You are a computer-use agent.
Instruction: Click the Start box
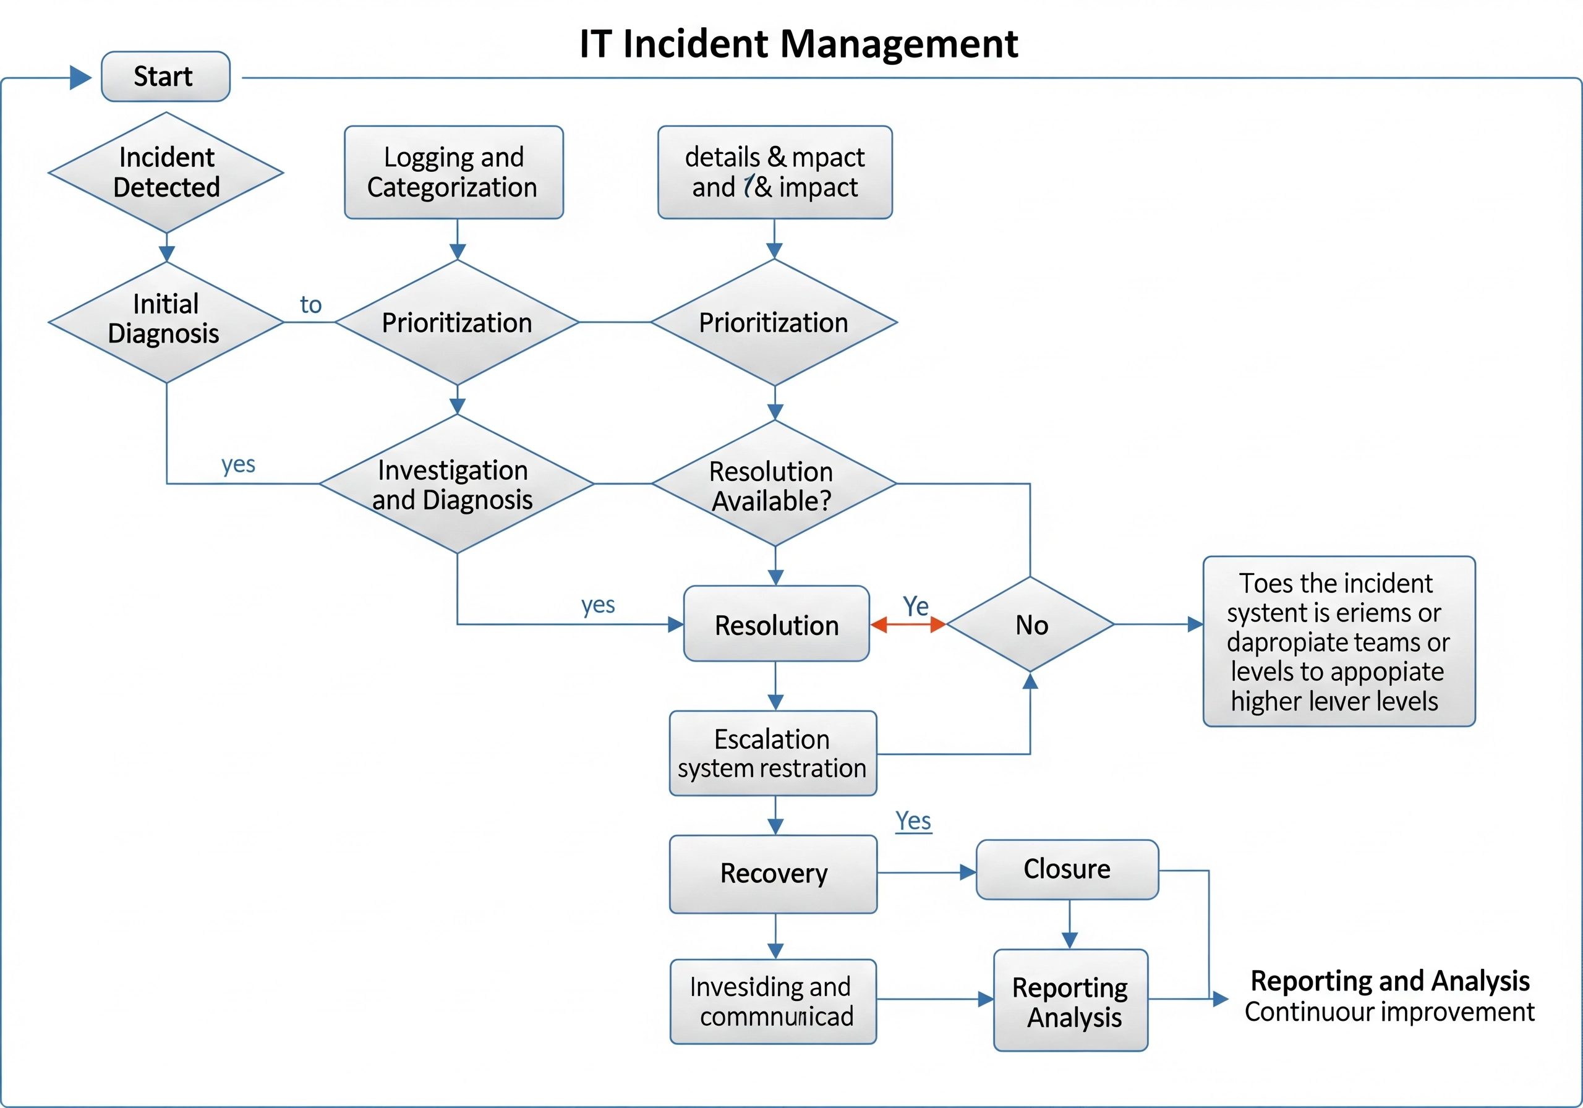pos(166,77)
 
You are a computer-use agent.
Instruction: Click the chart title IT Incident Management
pos(798,43)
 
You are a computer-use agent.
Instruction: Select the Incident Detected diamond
pos(166,173)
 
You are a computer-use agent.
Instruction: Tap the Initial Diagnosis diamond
pos(166,322)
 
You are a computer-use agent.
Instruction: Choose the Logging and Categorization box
pos(454,173)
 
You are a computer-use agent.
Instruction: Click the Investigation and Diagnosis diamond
pos(456,484)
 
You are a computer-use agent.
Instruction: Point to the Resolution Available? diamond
pos(774,484)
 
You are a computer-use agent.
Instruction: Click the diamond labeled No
pos(1030,624)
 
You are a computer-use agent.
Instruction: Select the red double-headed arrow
pos(907,625)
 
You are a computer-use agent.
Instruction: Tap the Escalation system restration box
pos(773,754)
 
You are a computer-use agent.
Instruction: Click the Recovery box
pos(773,874)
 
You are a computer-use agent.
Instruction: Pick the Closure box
pos(1067,869)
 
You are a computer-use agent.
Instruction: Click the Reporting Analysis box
pos(1070,1000)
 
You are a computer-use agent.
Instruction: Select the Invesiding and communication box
pos(773,1001)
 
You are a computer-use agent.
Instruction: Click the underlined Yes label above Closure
pos(913,821)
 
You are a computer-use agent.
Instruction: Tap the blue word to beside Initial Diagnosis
pos(310,305)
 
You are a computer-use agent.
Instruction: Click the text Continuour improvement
pos(1389,1012)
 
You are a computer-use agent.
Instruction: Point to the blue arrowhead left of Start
pos(80,77)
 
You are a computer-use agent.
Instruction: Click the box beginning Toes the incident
pos(1338,641)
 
